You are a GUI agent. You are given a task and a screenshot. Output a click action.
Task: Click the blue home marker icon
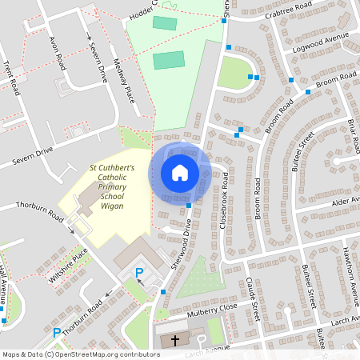[x=180, y=172]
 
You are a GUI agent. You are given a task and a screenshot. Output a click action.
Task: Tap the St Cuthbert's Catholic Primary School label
[x=111, y=186]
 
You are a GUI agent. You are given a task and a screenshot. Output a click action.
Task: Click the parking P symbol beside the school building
[x=138, y=274]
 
